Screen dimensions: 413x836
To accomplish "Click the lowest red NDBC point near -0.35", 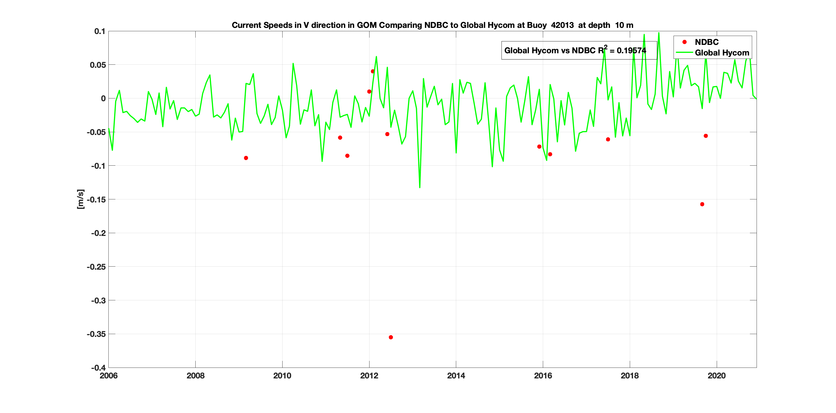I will click(x=391, y=337).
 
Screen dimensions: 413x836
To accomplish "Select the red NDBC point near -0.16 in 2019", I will click(x=702, y=204).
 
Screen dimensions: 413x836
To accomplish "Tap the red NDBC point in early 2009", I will click(x=246, y=158).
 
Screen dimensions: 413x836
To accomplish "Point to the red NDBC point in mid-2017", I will click(x=608, y=139).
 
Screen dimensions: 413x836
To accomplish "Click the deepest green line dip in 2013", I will click(x=420, y=187).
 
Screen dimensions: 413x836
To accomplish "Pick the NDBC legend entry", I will click(x=706, y=42).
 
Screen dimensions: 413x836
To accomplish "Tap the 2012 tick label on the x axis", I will click(x=369, y=376).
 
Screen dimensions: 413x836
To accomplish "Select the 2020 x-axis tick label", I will click(x=716, y=376).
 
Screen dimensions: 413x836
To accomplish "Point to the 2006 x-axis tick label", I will click(x=109, y=376).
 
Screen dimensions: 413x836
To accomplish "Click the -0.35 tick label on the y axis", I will click(x=96, y=334).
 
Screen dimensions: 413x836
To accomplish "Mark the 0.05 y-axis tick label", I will click(x=98, y=65).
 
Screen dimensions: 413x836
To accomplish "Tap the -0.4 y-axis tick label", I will click(x=98, y=368).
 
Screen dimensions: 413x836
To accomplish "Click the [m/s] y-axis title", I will click(x=81, y=199).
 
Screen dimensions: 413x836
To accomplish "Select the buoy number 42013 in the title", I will click(x=562, y=25).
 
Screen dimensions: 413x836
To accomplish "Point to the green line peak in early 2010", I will click(x=293, y=64).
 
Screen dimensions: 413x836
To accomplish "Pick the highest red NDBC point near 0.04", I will click(x=373, y=71).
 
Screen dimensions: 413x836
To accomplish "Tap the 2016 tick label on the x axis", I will click(x=543, y=376).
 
